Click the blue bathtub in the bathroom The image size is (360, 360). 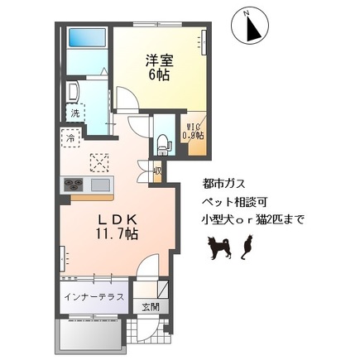(86, 39)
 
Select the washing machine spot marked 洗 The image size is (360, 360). (74, 113)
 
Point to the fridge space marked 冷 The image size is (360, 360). (72, 137)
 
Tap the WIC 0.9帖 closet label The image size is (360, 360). (194, 130)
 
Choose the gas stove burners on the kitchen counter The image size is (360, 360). (73, 184)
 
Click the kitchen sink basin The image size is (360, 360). (101, 184)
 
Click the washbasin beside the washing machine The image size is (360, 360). (71, 90)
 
